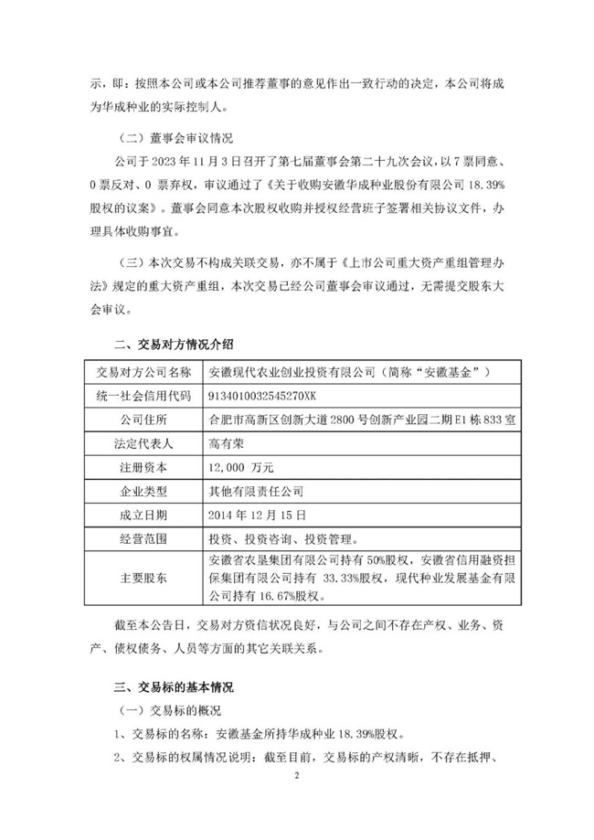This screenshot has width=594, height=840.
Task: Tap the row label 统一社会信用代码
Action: pyautogui.click(x=138, y=396)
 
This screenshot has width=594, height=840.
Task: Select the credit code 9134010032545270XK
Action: pyautogui.click(x=263, y=396)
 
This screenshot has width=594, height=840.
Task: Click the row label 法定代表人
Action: pyautogui.click(x=138, y=443)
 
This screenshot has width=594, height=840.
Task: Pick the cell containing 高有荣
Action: pyautogui.click(x=225, y=443)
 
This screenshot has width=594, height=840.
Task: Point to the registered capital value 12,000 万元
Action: pyautogui.click(x=242, y=467)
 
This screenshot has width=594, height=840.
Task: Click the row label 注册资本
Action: pyautogui.click(x=138, y=467)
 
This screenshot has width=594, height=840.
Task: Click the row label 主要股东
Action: pyautogui.click(x=138, y=577)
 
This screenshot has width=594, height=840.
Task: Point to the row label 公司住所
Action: pyautogui.click(x=138, y=420)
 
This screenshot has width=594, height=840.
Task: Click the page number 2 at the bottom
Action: pyautogui.click(x=297, y=774)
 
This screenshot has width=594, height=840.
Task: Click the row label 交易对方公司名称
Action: pyautogui.click(x=138, y=372)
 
